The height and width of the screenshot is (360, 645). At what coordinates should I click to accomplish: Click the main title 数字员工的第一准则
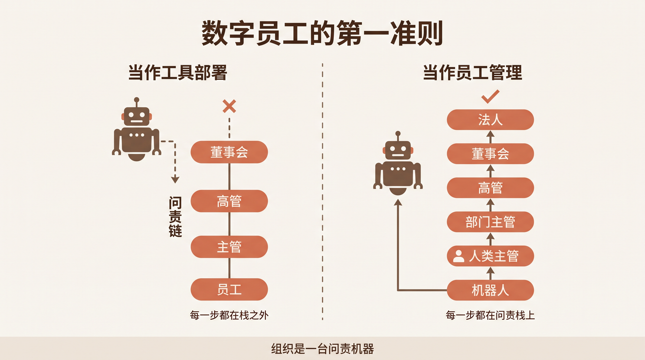click(x=322, y=33)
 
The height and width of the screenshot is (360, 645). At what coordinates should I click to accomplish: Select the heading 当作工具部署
click(x=178, y=72)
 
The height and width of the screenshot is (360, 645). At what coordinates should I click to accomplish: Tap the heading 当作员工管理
click(x=472, y=72)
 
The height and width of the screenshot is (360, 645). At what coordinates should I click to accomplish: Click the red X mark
click(x=229, y=106)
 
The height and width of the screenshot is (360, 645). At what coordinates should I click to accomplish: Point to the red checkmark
click(x=490, y=97)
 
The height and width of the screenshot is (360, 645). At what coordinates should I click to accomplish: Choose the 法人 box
click(x=490, y=120)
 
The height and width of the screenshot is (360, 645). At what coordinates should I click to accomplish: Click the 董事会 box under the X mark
click(x=229, y=152)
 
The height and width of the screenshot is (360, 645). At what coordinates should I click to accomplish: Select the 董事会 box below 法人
click(x=490, y=153)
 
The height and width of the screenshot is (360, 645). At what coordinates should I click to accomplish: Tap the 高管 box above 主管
click(x=229, y=201)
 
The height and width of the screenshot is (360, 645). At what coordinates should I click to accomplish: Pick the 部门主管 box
click(x=490, y=222)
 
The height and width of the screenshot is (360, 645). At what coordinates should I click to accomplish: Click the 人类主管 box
click(x=490, y=256)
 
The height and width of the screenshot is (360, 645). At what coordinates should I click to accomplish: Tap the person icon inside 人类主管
click(x=458, y=256)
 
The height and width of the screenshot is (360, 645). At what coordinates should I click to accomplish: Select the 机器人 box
click(x=490, y=290)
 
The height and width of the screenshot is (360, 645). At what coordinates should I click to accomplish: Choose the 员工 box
click(x=229, y=289)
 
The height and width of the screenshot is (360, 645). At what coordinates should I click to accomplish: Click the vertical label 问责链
click(x=175, y=217)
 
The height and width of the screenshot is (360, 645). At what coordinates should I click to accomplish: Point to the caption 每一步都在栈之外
click(x=229, y=315)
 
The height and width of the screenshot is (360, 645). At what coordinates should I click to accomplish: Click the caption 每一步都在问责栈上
click(x=490, y=315)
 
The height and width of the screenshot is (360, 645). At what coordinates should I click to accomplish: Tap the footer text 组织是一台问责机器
click(x=322, y=349)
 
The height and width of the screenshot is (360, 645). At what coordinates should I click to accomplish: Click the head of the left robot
click(x=136, y=116)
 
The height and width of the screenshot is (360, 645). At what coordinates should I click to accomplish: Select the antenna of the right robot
click(x=398, y=136)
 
